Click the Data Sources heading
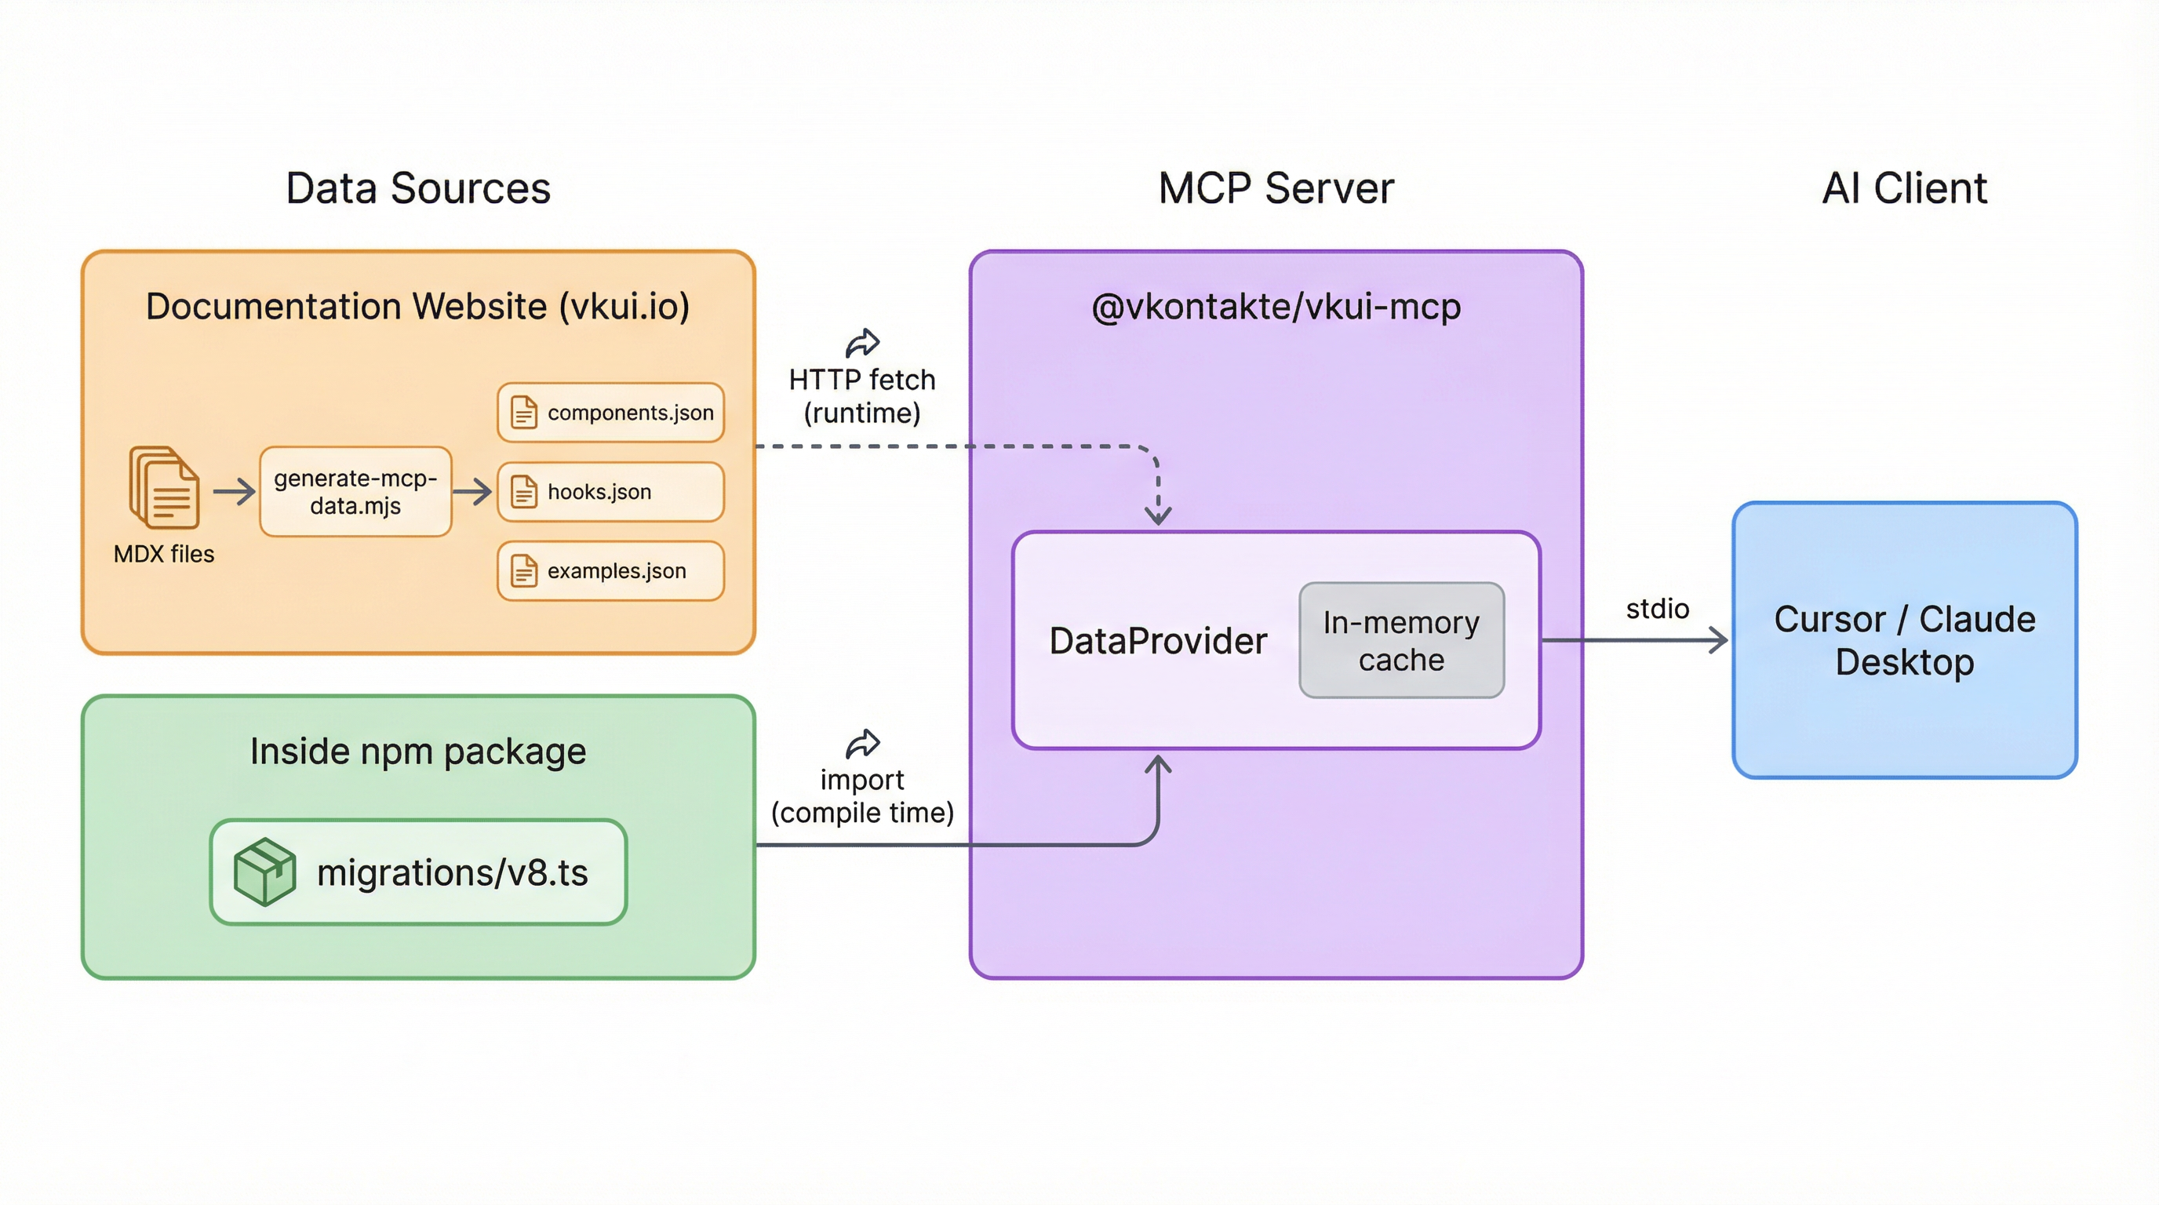(x=417, y=187)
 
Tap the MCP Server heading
(x=1276, y=187)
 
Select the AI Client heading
(x=1904, y=187)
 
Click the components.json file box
(x=610, y=413)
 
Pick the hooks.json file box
(x=610, y=492)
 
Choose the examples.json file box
(x=610, y=570)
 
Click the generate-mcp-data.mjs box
(x=355, y=492)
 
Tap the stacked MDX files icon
(x=164, y=488)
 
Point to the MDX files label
(x=164, y=554)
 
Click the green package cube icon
(x=264, y=872)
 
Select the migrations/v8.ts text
(x=452, y=873)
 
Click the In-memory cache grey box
(x=1401, y=640)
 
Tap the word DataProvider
(x=1157, y=641)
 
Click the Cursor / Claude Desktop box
(x=1904, y=640)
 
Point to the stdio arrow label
(x=1657, y=608)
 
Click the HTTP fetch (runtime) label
(x=861, y=395)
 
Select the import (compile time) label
(x=861, y=796)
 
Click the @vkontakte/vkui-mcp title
(x=1276, y=307)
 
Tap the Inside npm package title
(x=417, y=751)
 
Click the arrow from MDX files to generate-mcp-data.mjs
(x=234, y=492)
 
